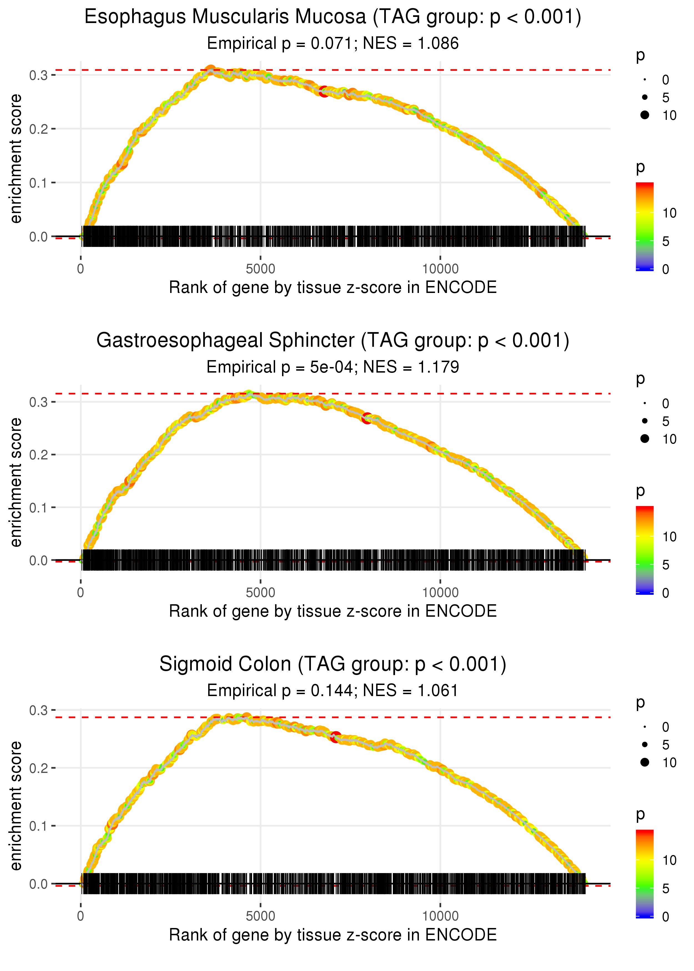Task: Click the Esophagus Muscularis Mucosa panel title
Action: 333,17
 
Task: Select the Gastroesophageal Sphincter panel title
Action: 333,340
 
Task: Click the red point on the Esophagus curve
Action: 324,91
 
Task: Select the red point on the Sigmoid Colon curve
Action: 336,737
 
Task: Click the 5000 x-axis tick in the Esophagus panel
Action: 260,269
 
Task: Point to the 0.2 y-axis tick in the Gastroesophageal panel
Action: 39,455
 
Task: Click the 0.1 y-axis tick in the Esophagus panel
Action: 39,183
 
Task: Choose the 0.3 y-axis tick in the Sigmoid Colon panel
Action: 39,710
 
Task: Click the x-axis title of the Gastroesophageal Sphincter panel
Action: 333,611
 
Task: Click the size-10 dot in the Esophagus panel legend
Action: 645,115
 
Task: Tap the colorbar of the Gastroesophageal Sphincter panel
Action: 644,550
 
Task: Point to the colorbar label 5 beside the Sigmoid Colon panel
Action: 666,889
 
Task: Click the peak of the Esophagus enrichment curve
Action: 210,70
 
